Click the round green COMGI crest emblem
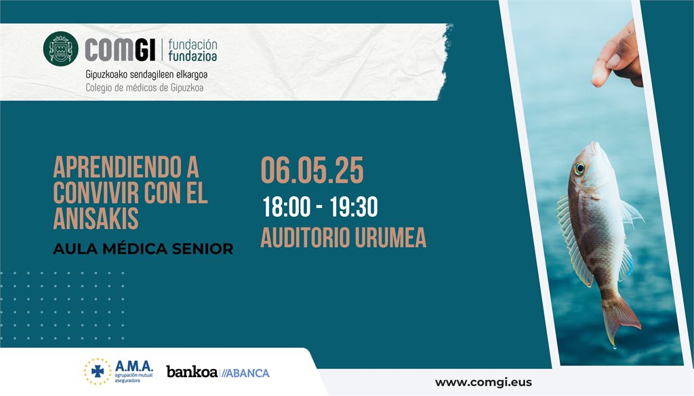click(x=60, y=49)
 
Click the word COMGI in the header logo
click(x=120, y=50)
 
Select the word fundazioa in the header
click(x=192, y=56)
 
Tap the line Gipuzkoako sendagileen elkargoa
click(x=146, y=74)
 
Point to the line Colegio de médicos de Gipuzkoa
click(x=145, y=87)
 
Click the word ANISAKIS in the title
click(x=96, y=218)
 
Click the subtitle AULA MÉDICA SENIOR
click(x=143, y=249)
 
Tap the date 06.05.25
click(x=312, y=170)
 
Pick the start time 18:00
click(x=287, y=207)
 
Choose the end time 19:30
click(x=354, y=207)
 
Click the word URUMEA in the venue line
click(x=390, y=238)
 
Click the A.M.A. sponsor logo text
click(x=134, y=366)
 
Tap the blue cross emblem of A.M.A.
click(x=98, y=371)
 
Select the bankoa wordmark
click(x=192, y=372)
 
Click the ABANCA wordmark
click(x=245, y=373)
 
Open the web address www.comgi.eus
click(x=483, y=382)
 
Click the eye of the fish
click(x=579, y=169)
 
